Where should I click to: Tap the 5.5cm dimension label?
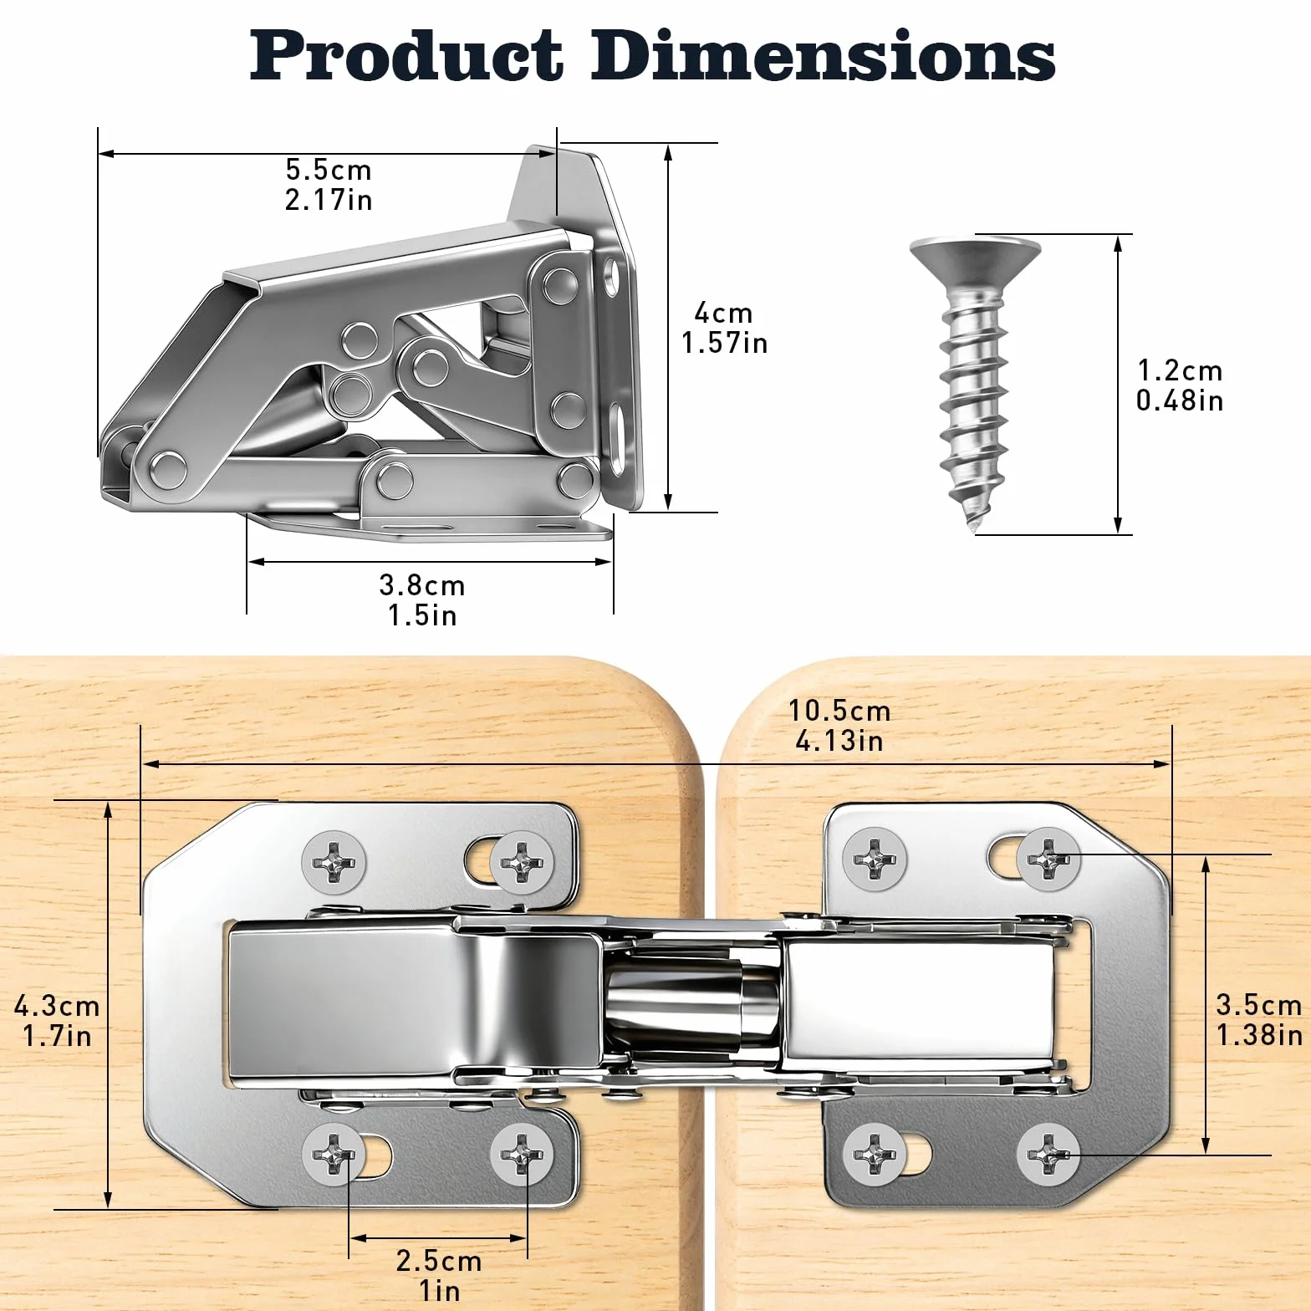coord(329,170)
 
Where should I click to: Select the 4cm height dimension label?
coord(723,313)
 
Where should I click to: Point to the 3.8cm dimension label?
coord(422,585)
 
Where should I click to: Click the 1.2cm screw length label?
coord(1180,370)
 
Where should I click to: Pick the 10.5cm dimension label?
coord(839,711)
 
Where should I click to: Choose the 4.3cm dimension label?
coord(57,1006)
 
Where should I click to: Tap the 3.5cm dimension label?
coord(1259,1004)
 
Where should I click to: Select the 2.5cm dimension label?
coord(439,1261)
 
